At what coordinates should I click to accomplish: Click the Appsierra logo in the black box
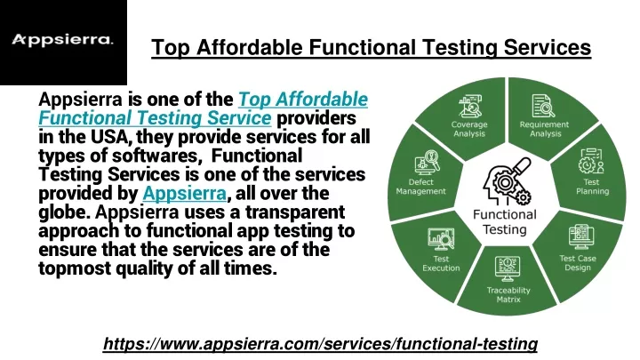62,40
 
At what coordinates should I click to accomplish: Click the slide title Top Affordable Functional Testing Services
371,47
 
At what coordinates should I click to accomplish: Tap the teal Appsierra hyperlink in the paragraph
185,193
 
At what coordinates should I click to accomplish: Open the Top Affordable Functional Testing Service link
204,108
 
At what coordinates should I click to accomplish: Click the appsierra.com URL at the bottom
320,344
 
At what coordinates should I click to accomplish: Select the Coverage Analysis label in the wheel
469,129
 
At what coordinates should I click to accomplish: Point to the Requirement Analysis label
544,129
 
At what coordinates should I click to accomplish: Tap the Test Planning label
592,187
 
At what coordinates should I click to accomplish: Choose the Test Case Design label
578,263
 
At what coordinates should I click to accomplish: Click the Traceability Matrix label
508,295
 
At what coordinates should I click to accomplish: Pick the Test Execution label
441,263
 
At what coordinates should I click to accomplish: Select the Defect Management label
420,187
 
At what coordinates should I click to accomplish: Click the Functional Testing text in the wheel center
505,222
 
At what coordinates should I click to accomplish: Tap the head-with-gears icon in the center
507,181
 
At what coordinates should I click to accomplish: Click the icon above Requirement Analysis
543,106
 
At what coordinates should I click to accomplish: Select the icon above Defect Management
427,163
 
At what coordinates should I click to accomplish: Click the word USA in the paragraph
111,137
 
